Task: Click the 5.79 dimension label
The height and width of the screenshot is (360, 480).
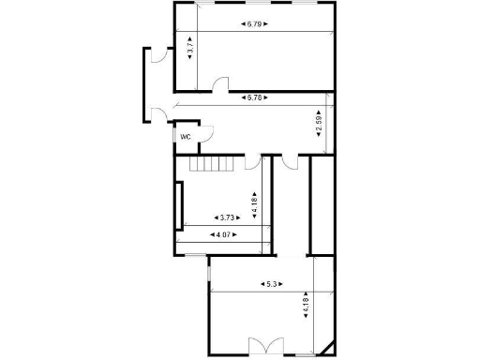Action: tap(254, 23)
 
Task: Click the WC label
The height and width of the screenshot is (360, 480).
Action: tap(186, 137)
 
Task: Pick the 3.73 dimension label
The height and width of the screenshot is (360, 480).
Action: tap(229, 217)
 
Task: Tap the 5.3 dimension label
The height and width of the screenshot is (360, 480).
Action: tap(272, 283)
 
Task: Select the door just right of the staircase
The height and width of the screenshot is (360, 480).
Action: tap(252, 163)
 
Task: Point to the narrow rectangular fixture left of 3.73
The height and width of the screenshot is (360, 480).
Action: tap(177, 205)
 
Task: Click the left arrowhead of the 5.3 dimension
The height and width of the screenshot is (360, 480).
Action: tap(262, 283)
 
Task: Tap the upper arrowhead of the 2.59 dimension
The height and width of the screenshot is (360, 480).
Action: tap(320, 109)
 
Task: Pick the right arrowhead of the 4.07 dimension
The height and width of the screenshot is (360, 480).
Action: tap(235, 234)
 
